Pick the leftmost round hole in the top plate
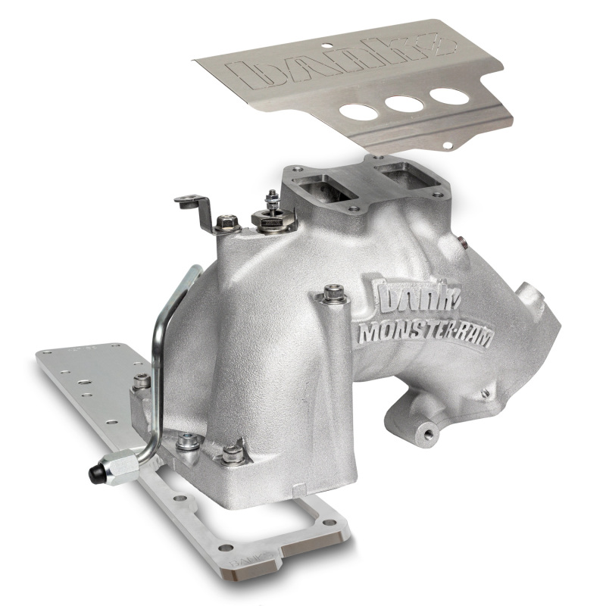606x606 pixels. [x=358, y=111]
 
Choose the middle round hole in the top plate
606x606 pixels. [x=403, y=104]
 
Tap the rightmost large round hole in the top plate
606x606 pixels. [x=448, y=96]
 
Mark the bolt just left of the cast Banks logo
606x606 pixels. [x=331, y=294]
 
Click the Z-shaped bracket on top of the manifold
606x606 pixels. [x=203, y=212]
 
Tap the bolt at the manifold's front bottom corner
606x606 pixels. [x=233, y=453]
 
